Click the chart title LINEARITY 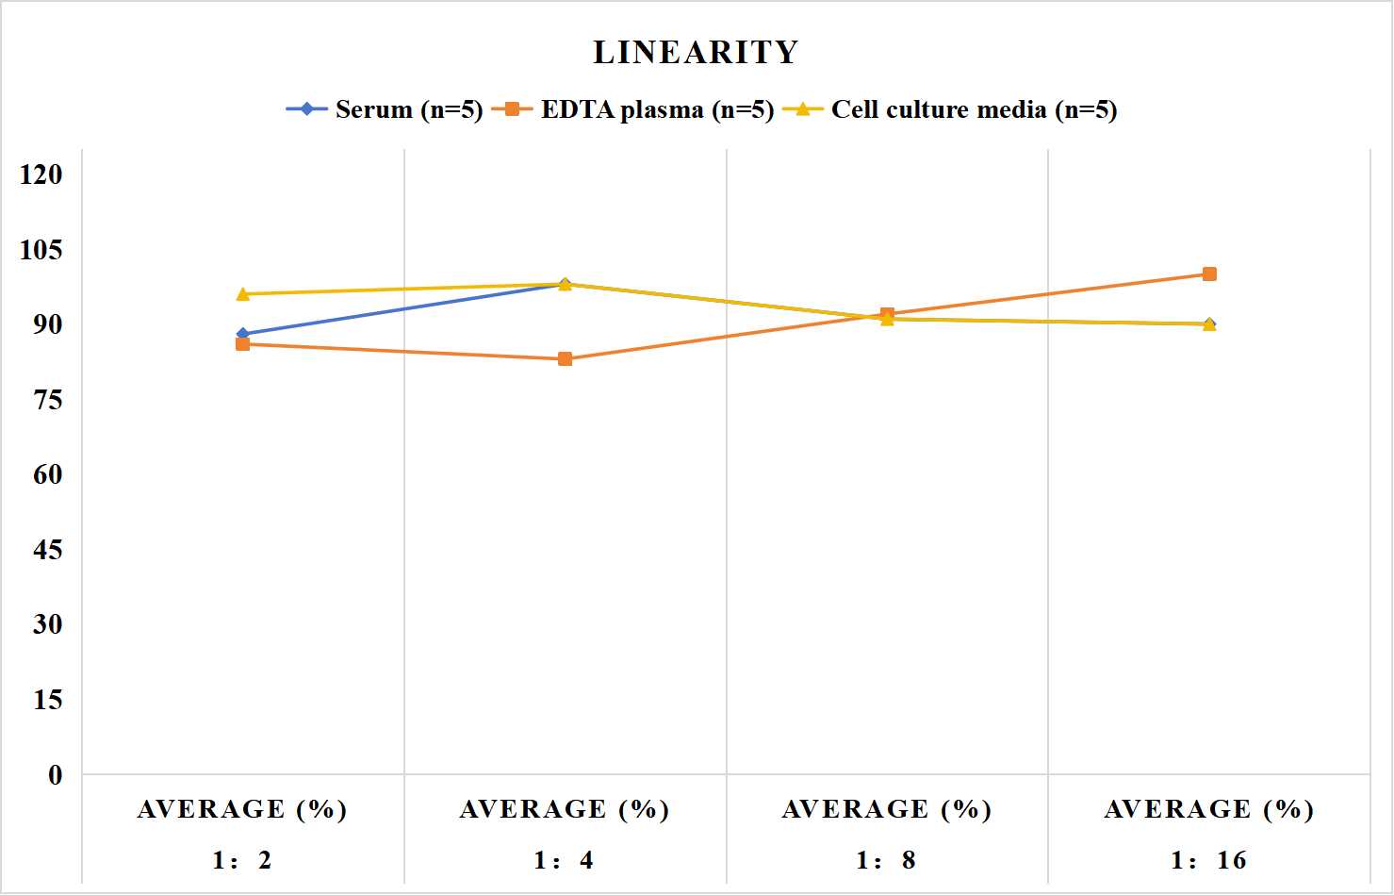click(696, 52)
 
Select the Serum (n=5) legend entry click(385, 109)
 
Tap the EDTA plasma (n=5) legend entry click(632, 109)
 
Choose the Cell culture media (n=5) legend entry click(950, 109)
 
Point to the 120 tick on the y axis click(41, 174)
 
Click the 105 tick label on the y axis click(41, 250)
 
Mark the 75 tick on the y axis click(48, 400)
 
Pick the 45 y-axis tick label click(48, 550)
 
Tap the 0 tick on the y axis click(56, 775)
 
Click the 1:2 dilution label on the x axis click(242, 860)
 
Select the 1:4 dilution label click(564, 860)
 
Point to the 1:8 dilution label click(886, 860)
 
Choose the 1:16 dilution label click(1208, 860)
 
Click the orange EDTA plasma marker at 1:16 click(1209, 274)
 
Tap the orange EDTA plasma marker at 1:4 click(565, 358)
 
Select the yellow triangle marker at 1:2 click(243, 294)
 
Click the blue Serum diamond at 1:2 click(243, 334)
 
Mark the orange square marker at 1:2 click(243, 344)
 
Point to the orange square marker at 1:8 click(887, 314)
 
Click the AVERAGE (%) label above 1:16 click(1208, 809)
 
